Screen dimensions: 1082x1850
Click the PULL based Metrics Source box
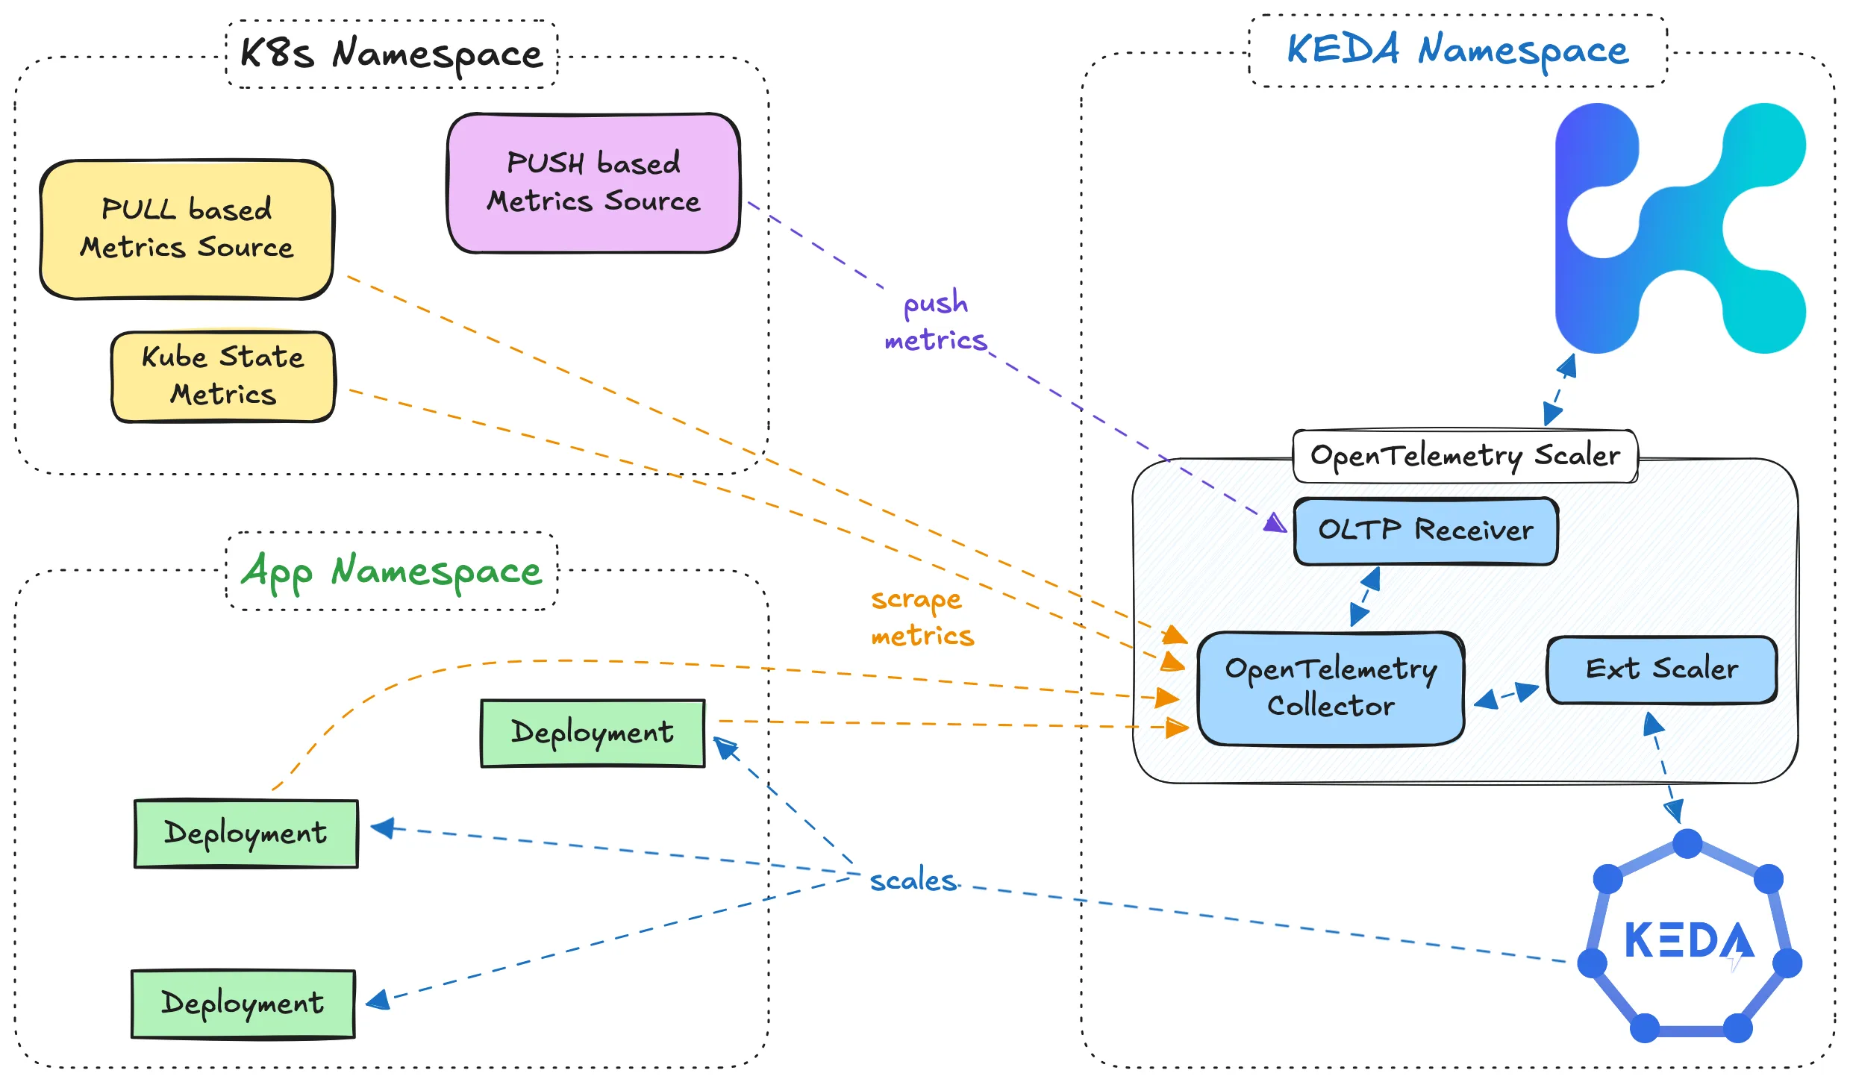point(187,229)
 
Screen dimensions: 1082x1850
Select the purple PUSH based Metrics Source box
point(593,183)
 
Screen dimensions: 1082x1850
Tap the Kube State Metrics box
point(223,376)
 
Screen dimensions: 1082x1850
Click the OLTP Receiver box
point(1425,531)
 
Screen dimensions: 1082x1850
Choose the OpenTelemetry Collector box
point(1331,688)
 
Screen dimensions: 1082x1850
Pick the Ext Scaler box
point(1661,669)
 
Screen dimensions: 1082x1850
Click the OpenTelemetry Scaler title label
point(1465,455)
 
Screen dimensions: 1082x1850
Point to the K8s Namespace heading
point(391,54)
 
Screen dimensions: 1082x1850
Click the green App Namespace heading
point(391,572)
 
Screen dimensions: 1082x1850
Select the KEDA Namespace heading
point(1457,51)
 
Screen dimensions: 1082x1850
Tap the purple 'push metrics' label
point(936,322)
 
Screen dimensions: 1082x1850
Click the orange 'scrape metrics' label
point(922,618)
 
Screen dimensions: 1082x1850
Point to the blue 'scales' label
point(913,881)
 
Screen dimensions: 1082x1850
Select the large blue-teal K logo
point(1679,228)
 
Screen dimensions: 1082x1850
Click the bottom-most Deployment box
point(243,1004)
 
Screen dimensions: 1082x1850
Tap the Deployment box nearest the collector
point(593,733)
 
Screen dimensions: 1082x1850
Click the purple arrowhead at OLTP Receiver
point(1276,522)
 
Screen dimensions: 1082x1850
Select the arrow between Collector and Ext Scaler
point(1507,695)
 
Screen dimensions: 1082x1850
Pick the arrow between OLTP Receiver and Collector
point(1365,597)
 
